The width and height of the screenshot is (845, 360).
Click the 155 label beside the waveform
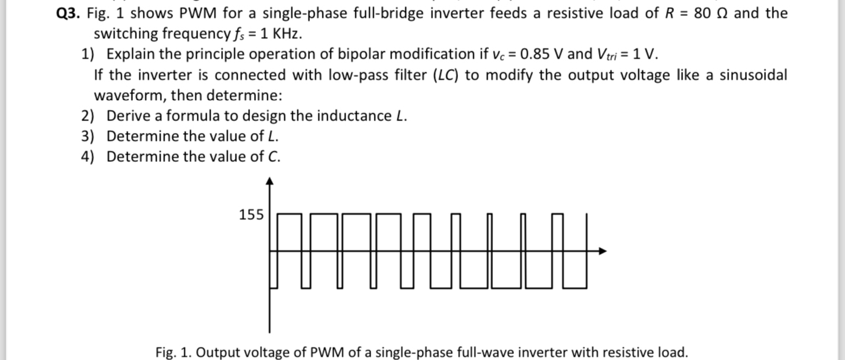tap(251, 215)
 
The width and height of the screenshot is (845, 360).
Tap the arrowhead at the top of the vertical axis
tap(269, 180)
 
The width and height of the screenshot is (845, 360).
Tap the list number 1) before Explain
tap(89, 54)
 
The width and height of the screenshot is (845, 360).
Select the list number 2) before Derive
tap(89, 116)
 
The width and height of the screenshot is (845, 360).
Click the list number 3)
tap(89, 136)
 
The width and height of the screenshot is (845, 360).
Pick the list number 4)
tap(89, 157)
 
